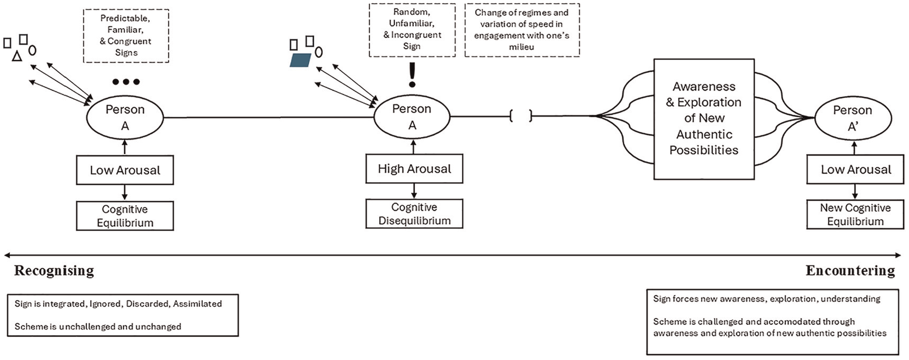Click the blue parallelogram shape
301,59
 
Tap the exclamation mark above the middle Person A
413,75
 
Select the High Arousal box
414,168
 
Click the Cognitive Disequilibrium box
414,213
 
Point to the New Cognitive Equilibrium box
855,215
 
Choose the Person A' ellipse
853,118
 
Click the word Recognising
54,271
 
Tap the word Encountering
850,271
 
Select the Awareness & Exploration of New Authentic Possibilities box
704,119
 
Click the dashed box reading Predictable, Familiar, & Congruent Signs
126,36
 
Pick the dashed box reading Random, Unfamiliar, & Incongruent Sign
412,30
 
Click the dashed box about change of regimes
522,30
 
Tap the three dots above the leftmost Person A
126,82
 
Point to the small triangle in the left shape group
16,56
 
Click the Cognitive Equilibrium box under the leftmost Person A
125,216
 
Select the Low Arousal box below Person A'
855,169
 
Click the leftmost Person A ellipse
125,117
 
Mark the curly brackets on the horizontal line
521,116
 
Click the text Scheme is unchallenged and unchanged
98,327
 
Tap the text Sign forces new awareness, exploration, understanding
767,299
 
